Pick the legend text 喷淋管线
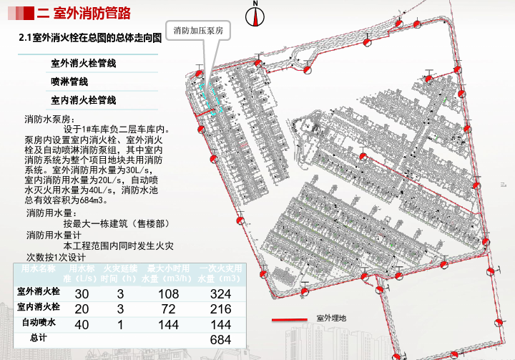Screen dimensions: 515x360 coord(69,82)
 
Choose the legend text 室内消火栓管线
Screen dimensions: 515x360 coord(84,101)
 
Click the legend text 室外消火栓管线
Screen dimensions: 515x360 coord(84,64)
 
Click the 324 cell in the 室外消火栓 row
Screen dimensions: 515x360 coord(220,294)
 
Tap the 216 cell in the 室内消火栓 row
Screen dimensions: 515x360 coord(220,309)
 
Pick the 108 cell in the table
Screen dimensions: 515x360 coord(168,294)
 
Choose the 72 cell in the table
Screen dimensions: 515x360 coord(168,309)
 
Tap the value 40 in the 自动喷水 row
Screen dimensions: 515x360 coord(82,324)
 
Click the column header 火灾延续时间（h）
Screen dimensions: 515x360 coord(119,273)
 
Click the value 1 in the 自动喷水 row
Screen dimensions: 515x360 coord(120,324)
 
